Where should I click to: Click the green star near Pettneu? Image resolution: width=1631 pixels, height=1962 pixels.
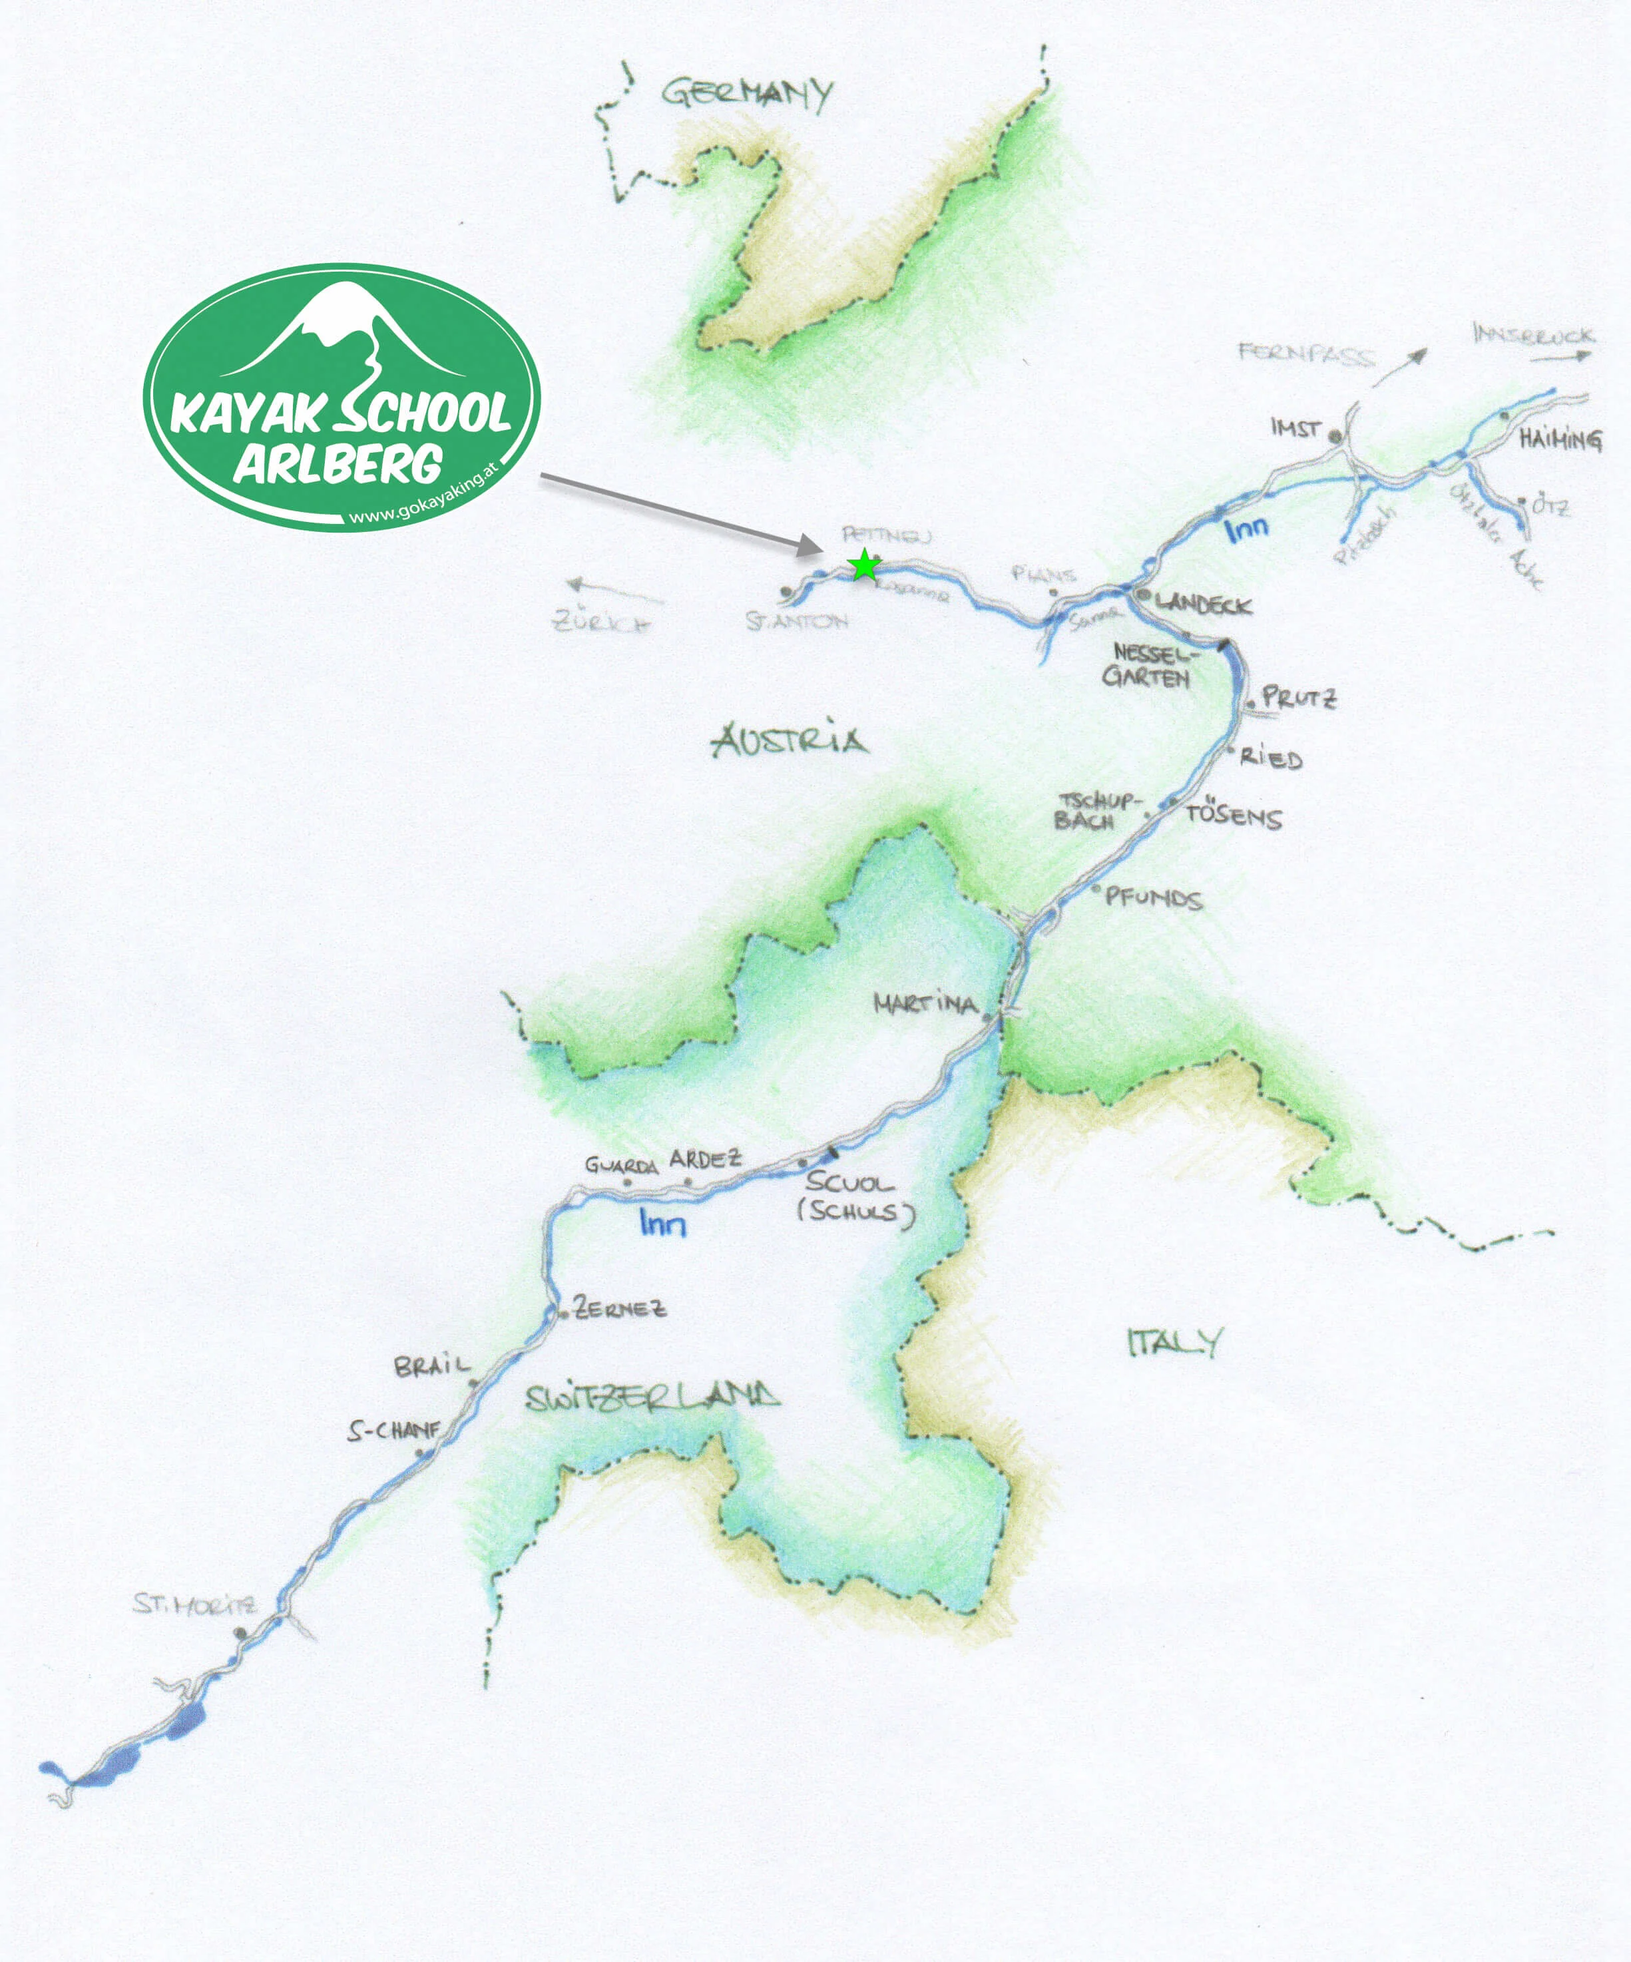click(865, 565)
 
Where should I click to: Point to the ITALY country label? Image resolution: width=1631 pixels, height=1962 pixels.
click(1173, 1343)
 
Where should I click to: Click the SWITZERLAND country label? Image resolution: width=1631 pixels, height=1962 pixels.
click(652, 1399)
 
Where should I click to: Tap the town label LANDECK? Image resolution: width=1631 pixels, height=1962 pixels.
click(1203, 605)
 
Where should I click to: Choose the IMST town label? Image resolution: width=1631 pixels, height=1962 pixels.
click(1295, 429)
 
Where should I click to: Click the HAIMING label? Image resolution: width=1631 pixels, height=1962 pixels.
click(1560, 439)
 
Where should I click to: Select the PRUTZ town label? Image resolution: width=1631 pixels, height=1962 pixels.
click(1298, 697)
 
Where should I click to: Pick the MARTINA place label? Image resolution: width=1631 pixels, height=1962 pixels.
click(925, 1005)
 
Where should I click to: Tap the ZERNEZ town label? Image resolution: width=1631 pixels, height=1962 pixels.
click(619, 1309)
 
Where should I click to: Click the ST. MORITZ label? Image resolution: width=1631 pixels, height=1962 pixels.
click(193, 1604)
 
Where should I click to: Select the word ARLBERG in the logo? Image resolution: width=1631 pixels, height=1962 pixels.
click(338, 463)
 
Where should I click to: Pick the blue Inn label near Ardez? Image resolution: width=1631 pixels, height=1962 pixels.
click(663, 1223)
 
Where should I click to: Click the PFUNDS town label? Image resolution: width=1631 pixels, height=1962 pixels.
click(1153, 899)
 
